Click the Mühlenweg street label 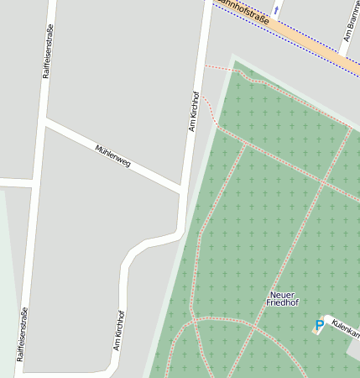point(113,156)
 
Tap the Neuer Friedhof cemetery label point(282,298)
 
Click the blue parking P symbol point(319,324)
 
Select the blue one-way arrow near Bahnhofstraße point(276,10)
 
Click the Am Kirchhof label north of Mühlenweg point(193,111)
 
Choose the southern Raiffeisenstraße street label point(21,333)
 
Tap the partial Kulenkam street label point(345,328)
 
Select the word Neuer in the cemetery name point(282,294)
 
